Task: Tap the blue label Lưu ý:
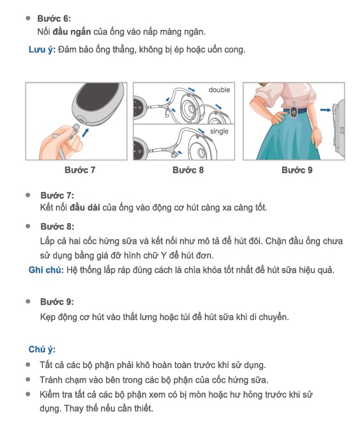coord(42,50)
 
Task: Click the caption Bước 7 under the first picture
coord(80,170)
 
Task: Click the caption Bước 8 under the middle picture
coord(188,170)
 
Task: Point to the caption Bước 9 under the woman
coord(297,170)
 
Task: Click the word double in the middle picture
coord(219,90)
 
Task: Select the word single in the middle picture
coord(219,131)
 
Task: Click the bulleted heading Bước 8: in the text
coord(57,226)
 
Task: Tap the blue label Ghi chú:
coord(46,270)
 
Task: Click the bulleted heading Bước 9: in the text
coord(57,302)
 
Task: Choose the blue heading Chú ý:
coord(42,350)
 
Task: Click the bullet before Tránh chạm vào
coord(28,379)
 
